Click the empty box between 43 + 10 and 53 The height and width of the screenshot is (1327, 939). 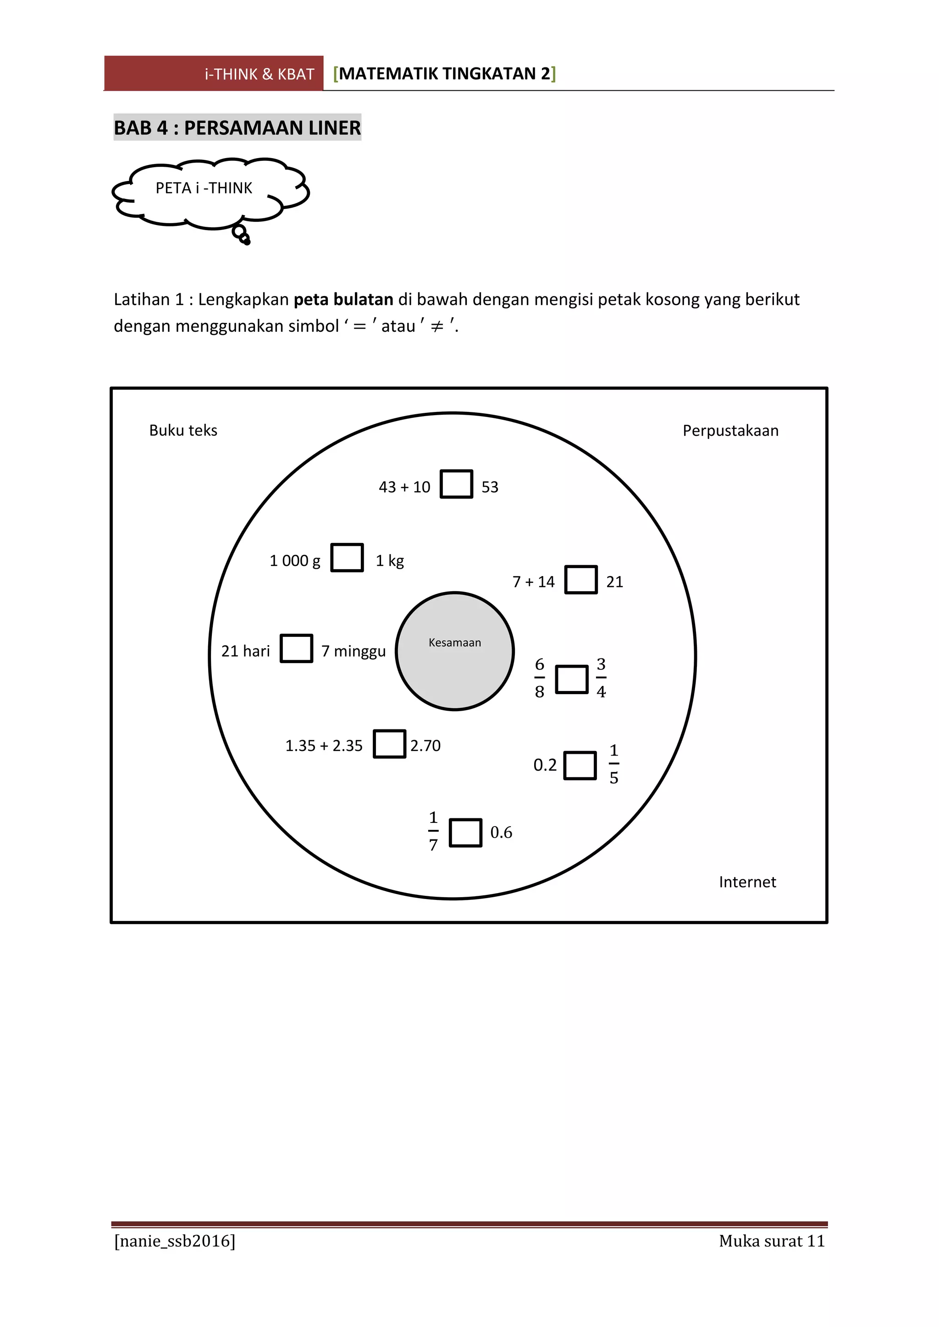coord(456,484)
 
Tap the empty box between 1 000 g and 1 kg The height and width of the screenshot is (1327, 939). coord(347,557)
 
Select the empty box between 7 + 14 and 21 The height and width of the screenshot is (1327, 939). coord(580,579)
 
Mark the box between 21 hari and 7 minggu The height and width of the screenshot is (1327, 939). coord(297,648)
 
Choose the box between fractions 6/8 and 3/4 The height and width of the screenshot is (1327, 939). coord(571,679)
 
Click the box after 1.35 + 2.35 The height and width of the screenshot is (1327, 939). coord(389,743)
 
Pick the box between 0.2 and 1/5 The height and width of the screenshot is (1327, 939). coord(580,765)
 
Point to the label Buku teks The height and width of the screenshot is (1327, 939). coord(183,431)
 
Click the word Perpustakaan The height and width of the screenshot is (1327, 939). coord(730,431)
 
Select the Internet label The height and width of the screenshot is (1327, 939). coord(747,882)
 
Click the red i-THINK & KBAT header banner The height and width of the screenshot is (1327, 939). coord(214,73)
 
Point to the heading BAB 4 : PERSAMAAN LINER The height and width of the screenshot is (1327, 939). coord(237,127)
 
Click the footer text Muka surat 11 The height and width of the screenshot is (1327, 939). coord(771,1241)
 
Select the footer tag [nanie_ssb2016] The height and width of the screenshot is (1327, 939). coord(175,1241)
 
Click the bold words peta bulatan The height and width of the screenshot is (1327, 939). coord(343,299)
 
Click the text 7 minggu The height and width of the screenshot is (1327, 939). coord(354,652)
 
